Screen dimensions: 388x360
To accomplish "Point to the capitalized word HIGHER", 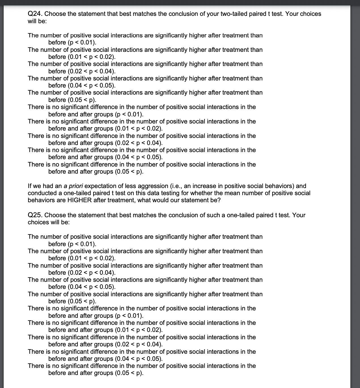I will [x=80, y=200].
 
